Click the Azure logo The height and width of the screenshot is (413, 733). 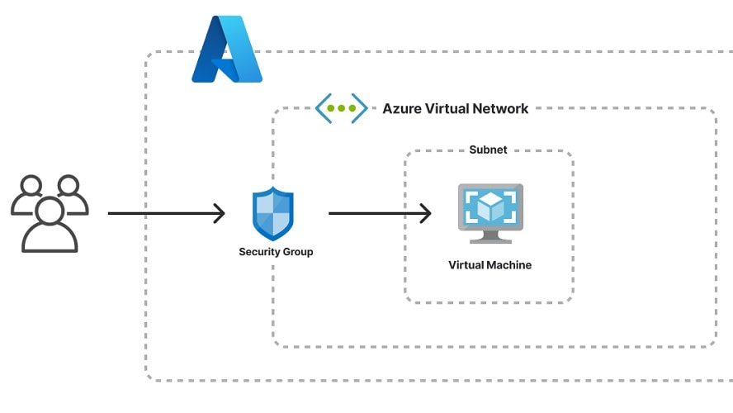227,50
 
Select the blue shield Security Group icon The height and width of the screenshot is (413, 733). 273,214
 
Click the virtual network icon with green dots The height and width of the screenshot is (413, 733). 341,108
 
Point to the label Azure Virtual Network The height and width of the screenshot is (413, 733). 455,109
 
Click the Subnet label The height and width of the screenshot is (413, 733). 488,150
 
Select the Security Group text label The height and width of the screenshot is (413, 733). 276,252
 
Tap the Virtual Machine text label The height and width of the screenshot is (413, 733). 489,265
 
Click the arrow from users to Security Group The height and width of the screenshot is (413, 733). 165,214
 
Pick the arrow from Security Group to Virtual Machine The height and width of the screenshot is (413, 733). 379,214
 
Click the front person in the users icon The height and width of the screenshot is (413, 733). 50,224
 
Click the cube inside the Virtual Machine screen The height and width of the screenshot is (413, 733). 490,206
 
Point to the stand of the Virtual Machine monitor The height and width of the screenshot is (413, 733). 490,237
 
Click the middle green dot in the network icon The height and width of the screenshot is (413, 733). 341,108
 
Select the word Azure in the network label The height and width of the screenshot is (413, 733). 400,109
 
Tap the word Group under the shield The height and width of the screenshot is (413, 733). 297,252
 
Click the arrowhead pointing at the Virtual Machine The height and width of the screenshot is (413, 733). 426,214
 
